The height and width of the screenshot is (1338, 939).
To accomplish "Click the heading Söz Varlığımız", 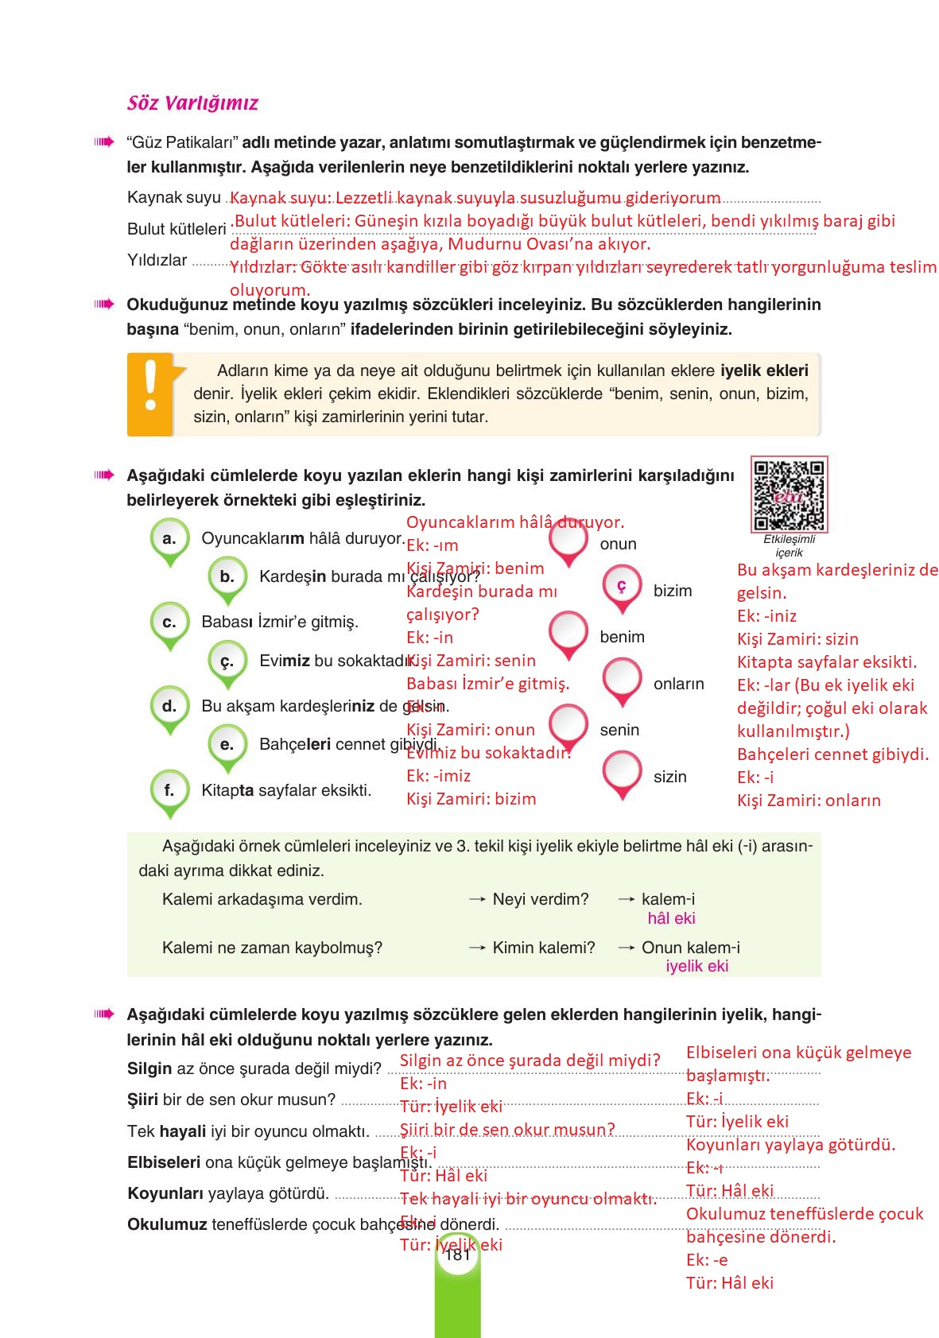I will coord(192,103).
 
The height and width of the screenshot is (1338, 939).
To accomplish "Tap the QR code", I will coord(789,494).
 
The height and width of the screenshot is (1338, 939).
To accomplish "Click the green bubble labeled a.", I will coord(169,539).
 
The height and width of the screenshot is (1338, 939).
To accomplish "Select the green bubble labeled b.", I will coord(227,577).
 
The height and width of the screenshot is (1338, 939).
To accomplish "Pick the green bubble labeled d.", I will coord(169,706).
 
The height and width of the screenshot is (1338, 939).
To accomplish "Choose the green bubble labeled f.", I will coord(169,790).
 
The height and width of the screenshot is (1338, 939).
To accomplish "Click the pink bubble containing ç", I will coord(622,587).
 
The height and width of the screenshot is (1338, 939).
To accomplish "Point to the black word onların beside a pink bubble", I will coord(678,684).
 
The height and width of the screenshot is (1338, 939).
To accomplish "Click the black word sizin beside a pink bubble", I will coord(669,777).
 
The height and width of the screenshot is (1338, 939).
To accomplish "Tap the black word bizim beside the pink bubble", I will coord(672,591).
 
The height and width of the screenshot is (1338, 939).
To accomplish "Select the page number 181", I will coord(457,1255).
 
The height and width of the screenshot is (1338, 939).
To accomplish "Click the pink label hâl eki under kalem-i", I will coord(671,918).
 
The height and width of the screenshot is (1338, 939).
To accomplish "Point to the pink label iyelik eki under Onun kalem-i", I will coord(696,966).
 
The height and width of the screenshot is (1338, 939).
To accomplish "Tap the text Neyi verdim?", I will coord(541,899).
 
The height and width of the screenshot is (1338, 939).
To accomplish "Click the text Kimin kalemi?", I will coord(544,948).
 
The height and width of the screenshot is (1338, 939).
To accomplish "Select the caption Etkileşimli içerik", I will coord(789,545).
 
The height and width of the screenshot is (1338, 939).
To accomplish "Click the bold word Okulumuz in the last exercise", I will coord(167,1224).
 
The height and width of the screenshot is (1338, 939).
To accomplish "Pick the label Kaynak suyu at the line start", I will coord(174,197).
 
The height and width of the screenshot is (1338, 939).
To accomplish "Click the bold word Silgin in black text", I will coord(149,1068).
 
